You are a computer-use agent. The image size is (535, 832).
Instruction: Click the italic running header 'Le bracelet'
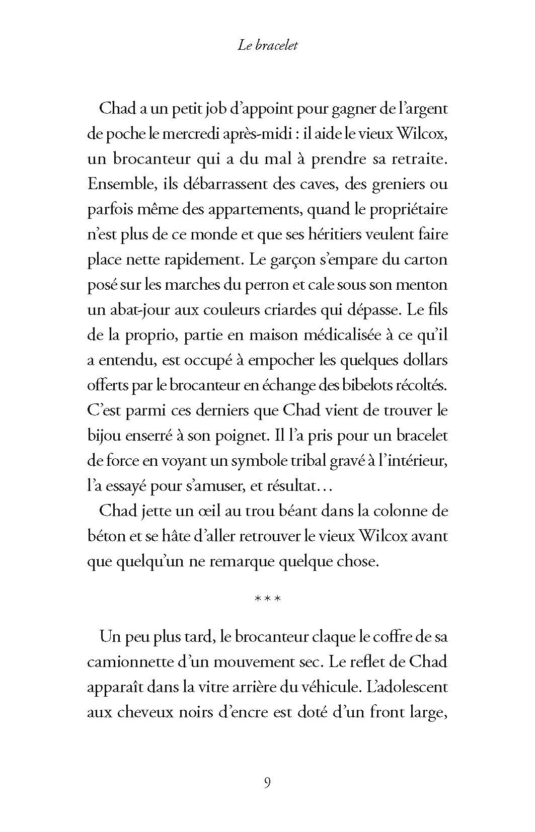tap(267, 45)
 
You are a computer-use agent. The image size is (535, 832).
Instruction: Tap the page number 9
tap(267, 783)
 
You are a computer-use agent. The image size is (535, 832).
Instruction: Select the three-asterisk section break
tap(267, 599)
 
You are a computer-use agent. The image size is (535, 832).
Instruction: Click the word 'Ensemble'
tap(119, 184)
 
